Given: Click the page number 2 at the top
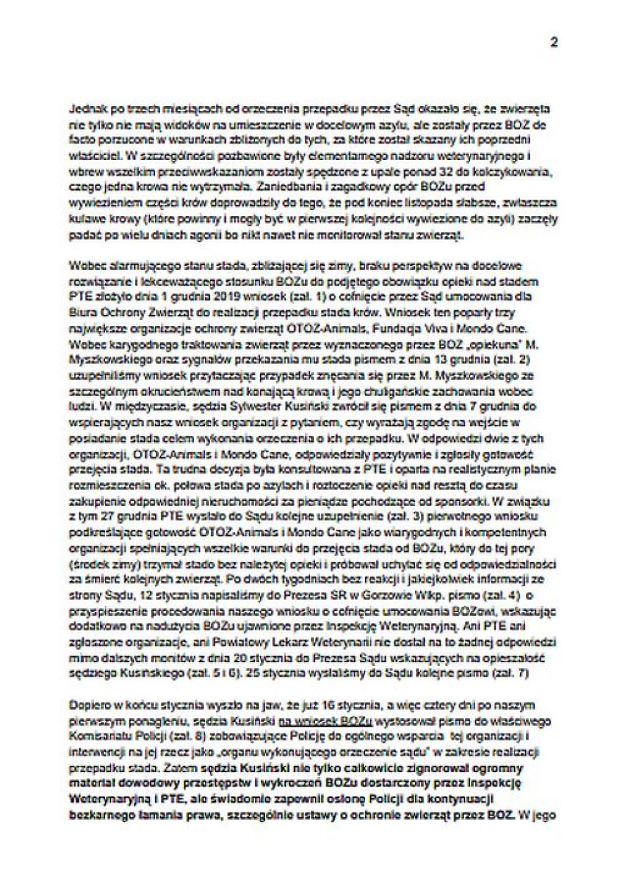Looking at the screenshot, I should click(x=553, y=42).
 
